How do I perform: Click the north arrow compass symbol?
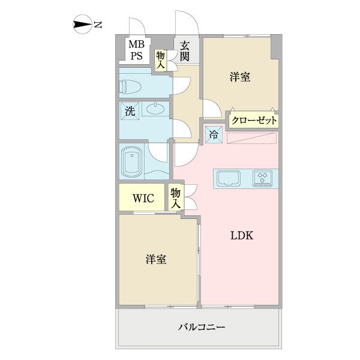pos(82,25)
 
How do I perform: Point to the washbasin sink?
pos(154,110)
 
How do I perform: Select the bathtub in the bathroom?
pos(131,161)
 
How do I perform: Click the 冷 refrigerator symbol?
pos(214,134)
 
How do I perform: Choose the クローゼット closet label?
pos(254,120)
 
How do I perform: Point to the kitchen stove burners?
pos(263,178)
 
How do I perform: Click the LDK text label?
pos(242,236)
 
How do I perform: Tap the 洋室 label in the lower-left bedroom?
pos(156,260)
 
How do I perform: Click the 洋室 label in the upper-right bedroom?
pos(240,77)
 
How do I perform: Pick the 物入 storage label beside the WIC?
pos(175,198)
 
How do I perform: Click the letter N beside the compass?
pos(98,25)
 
